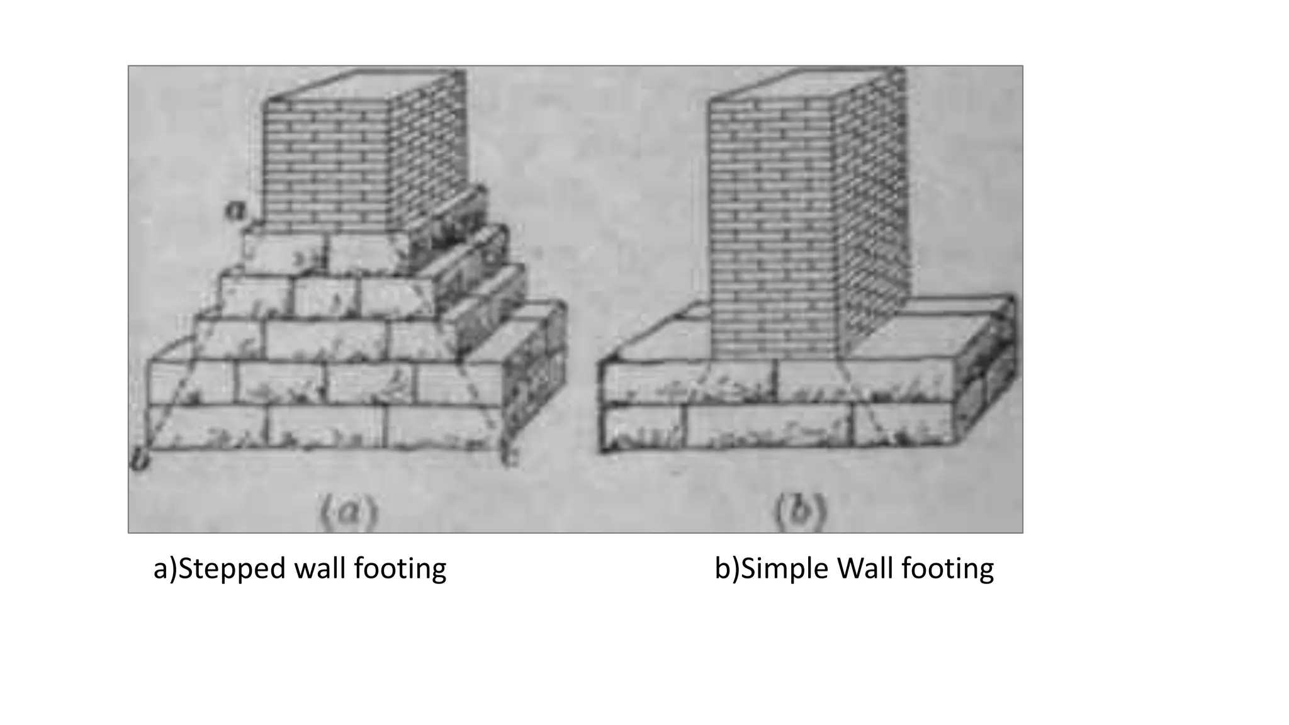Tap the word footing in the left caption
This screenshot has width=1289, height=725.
tap(400, 569)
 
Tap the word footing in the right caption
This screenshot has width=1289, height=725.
tap(947, 569)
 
